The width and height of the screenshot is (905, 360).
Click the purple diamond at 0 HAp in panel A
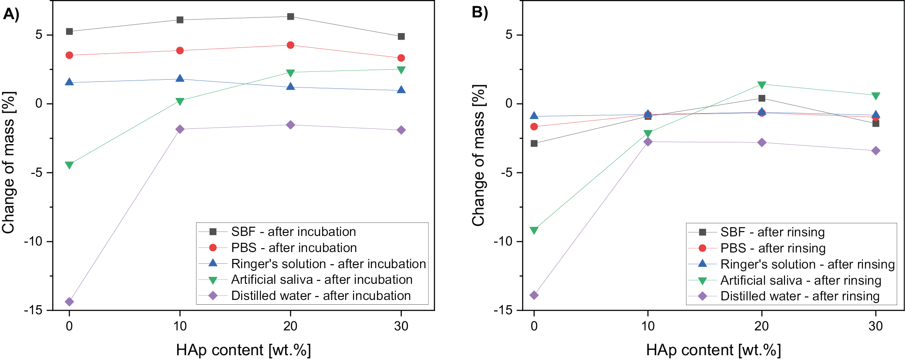69,302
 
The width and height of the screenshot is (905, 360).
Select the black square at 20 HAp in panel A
290,17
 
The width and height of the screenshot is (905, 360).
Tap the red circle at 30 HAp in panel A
401,58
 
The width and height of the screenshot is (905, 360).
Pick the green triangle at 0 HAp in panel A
69,165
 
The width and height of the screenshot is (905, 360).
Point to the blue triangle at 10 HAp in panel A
180,78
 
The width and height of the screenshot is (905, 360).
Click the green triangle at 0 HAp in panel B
534,230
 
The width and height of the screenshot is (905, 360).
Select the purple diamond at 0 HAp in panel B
534,295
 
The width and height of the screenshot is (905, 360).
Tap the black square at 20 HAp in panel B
762,98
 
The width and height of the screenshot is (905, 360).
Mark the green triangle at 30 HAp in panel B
875,96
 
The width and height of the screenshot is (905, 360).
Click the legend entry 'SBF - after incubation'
293,232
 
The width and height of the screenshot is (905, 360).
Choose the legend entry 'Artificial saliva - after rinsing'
801,280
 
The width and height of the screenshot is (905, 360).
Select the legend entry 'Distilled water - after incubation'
320,296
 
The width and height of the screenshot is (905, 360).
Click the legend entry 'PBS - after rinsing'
773,248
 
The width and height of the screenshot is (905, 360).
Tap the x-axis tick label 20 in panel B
762,326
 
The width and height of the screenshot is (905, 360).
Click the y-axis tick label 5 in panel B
509,35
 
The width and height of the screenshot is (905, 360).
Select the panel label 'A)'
11,14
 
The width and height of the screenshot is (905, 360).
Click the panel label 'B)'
480,12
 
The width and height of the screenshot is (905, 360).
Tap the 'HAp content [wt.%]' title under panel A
243,350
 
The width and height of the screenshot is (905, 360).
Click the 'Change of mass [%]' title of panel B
478,155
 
